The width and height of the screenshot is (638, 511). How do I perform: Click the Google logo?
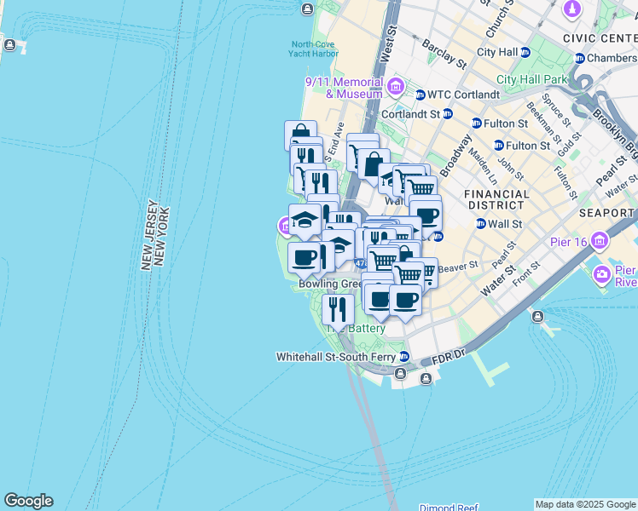(28, 501)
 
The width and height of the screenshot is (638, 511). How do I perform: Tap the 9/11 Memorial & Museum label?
(344, 88)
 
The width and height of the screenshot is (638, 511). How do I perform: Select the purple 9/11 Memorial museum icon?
(395, 86)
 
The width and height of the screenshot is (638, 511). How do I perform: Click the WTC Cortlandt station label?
(463, 95)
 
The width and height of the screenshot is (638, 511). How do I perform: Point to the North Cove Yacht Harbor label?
(314, 49)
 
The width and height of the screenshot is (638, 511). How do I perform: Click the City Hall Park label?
(531, 79)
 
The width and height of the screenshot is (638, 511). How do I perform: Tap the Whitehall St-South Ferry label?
(336, 357)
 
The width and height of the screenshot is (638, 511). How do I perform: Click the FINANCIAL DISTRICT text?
(495, 199)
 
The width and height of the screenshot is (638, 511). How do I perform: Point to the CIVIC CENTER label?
(600, 38)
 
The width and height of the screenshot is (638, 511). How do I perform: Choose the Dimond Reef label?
(449, 506)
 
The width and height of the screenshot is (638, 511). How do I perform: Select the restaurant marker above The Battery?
(339, 310)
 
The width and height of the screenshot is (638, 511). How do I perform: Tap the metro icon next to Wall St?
(481, 224)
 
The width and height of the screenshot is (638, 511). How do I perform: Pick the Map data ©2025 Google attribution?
(585, 504)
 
